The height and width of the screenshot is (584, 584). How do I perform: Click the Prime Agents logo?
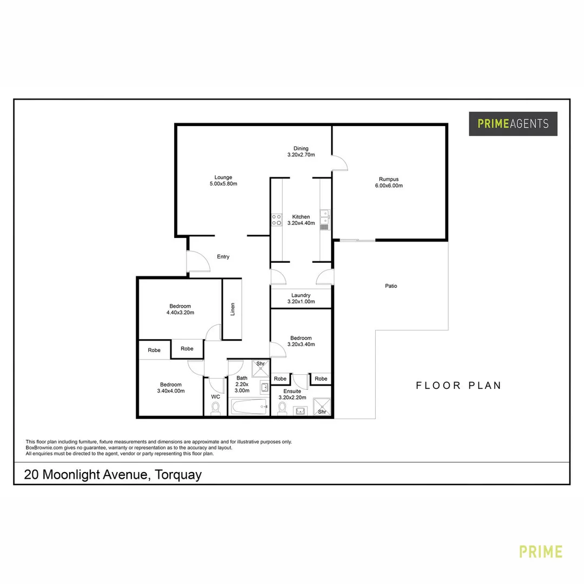point(513,124)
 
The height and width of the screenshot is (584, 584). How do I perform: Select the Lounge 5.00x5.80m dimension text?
point(223,184)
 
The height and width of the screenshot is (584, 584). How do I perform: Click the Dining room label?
point(301,149)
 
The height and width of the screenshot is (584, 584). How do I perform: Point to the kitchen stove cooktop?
point(276,220)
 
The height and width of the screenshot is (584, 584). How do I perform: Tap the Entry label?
point(223,257)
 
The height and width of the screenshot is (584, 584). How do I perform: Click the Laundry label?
point(301,295)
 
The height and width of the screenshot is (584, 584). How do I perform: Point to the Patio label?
point(390,286)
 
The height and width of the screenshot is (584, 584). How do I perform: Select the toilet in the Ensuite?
point(281,409)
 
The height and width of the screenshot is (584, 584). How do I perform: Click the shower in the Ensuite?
point(322,407)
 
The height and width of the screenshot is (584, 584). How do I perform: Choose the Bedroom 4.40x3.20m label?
point(180,309)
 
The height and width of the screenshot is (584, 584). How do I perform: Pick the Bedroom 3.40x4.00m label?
point(171,388)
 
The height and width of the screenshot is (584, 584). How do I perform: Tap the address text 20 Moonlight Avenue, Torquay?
point(112,475)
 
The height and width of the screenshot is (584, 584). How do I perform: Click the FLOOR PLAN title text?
point(459,386)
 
